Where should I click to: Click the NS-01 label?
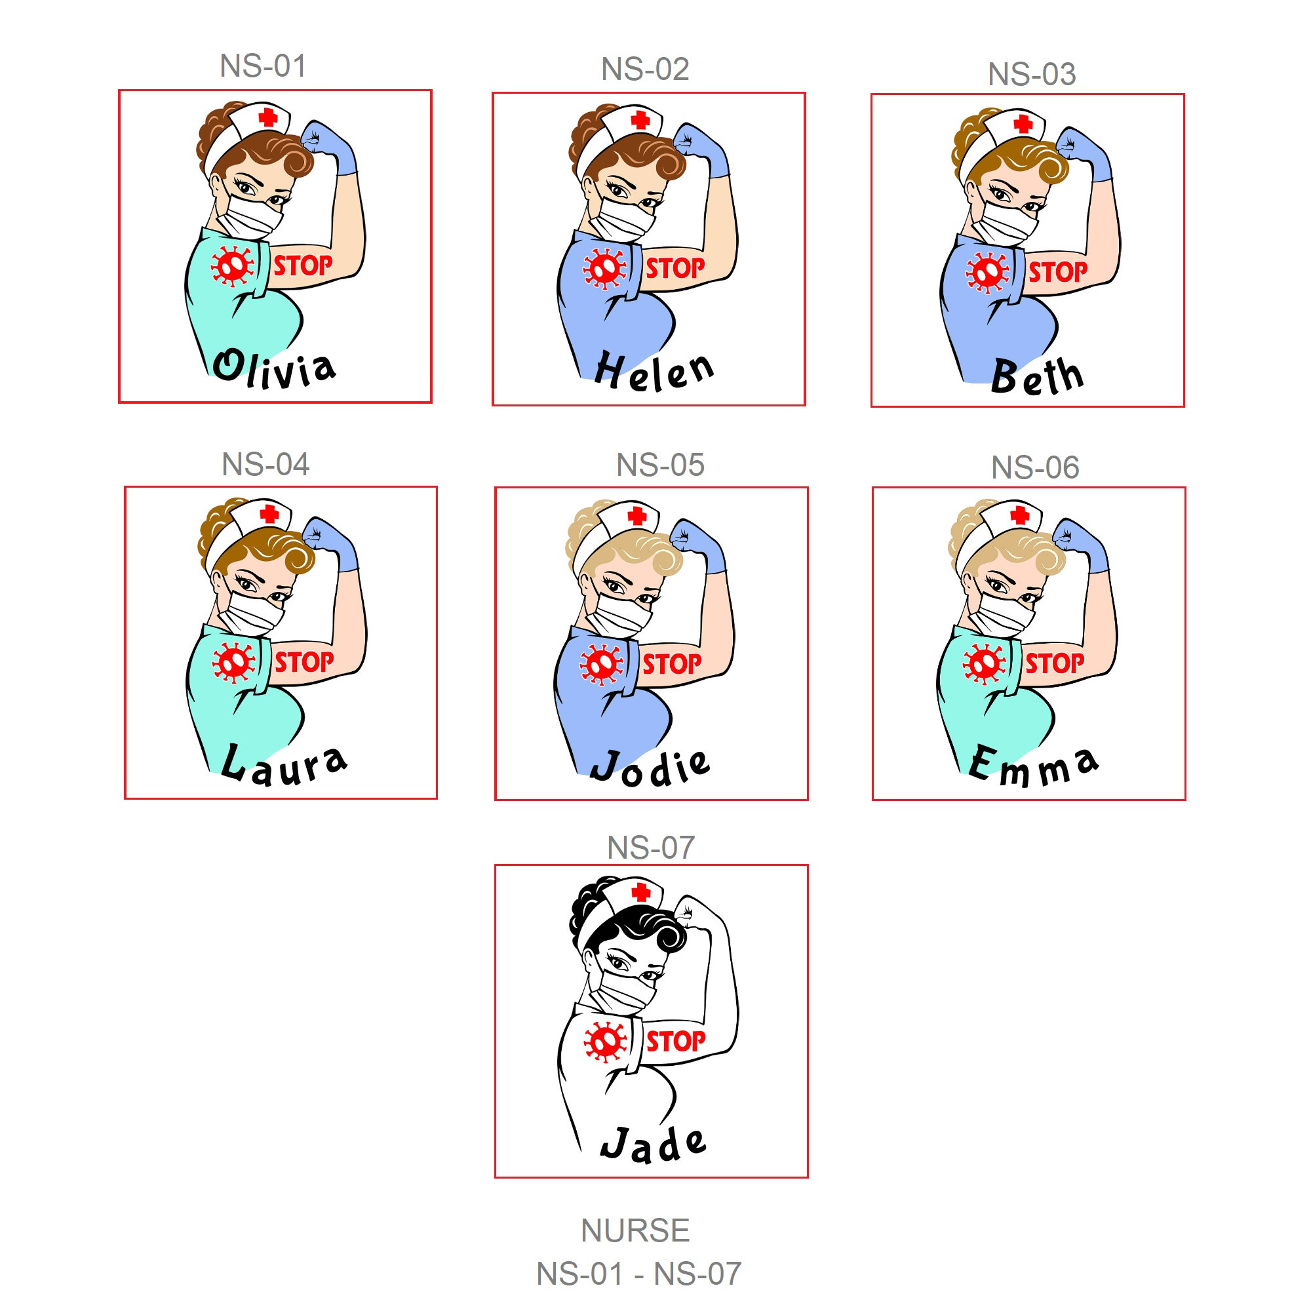pyautogui.click(x=263, y=66)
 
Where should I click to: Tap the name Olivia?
pyautogui.click(x=274, y=369)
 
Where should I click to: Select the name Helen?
pyautogui.click(x=654, y=372)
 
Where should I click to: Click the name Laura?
pyautogui.click(x=284, y=764)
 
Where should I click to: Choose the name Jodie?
pyautogui.click(x=650, y=768)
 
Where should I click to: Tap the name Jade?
pyautogui.click(x=653, y=1144)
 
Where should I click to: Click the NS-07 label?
pyautogui.click(x=651, y=848)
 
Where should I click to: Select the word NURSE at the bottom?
pyautogui.click(x=635, y=1230)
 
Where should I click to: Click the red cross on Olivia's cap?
pyautogui.click(x=268, y=117)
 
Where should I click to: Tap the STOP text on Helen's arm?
pyautogui.click(x=675, y=269)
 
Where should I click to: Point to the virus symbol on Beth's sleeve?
pyautogui.click(x=987, y=272)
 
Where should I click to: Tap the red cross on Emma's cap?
pyautogui.click(x=1019, y=515)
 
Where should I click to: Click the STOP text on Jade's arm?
pyautogui.click(x=675, y=1041)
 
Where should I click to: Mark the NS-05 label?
pyautogui.click(x=660, y=465)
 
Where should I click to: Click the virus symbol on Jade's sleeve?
pyautogui.click(x=604, y=1042)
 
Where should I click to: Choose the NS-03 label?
pyautogui.click(x=1031, y=74)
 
